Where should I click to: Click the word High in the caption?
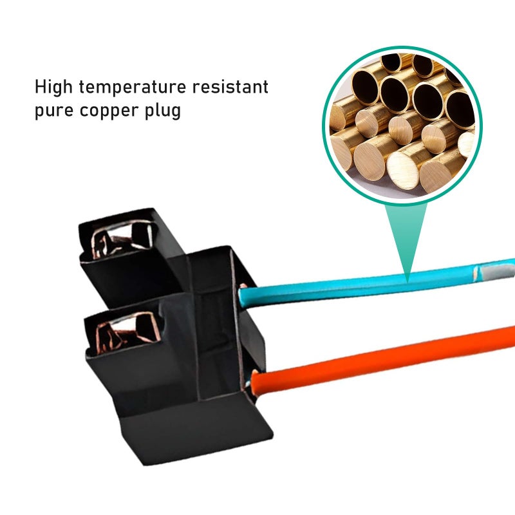53,88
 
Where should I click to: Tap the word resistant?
230,87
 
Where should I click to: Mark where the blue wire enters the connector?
243,295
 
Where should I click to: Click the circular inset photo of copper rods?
402,126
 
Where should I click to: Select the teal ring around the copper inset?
402,48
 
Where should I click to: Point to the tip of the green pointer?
407,283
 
